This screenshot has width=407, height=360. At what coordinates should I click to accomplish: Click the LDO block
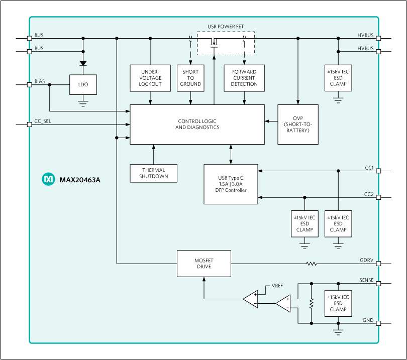(83, 85)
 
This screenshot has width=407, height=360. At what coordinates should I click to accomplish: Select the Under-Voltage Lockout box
(150, 78)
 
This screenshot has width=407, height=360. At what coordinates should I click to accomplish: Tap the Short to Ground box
(190, 78)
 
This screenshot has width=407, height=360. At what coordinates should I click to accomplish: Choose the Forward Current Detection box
(244, 78)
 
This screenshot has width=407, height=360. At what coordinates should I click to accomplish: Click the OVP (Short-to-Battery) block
(298, 125)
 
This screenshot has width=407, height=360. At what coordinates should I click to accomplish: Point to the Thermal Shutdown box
(154, 173)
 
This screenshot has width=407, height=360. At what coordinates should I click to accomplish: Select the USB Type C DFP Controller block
(231, 184)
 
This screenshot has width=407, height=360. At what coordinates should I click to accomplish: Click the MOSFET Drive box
(203, 263)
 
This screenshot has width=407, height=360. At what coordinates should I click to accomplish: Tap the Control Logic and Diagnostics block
(197, 125)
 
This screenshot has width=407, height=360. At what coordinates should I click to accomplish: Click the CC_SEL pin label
(43, 121)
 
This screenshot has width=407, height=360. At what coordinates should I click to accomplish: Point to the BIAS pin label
(40, 81)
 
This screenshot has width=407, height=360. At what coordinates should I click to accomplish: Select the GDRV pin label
(366, 260)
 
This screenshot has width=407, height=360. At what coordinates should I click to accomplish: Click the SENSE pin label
(366, 280)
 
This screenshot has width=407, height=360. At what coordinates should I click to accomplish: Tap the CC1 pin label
(369, 168)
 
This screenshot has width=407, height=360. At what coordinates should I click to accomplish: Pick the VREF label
(277, 285)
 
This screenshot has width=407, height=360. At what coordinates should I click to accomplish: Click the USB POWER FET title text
(226, 26)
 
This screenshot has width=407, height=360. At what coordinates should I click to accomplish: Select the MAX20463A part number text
(80, 179)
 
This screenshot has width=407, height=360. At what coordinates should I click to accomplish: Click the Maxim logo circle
(48, 179)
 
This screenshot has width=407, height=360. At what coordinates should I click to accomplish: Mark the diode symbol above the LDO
(83, 64)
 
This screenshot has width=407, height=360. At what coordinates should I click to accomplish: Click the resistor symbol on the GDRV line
(312, 263)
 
